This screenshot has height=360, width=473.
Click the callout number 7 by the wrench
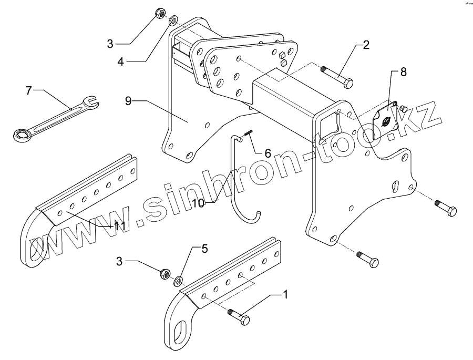pyautogui.click(x=29, y=90)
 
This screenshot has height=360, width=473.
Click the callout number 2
pyautogui.click(x=366, y=45)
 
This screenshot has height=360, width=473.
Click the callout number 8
pyautogui.click(x=403, y=72)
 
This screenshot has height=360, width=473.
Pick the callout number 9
pyautogui.click(x=128, y=100)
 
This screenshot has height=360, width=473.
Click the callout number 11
pyautogui.click(x=119, y=226)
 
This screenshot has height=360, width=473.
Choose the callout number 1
pyautogui.click(x=285, y=295)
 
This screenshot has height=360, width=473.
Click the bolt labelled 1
pyautogui.click(x=239, y=317)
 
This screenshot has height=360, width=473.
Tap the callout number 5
pyautogui.click(x=204, y=249)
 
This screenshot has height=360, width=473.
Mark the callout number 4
pyautogui.click(x=120, y=61)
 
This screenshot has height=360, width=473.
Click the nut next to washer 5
pyautogui.click(x=164, y=273)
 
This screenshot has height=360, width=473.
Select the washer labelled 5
pyautogui.click(x=178, y=279)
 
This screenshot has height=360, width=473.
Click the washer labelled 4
pyautogui.click(x=171, y=22)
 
